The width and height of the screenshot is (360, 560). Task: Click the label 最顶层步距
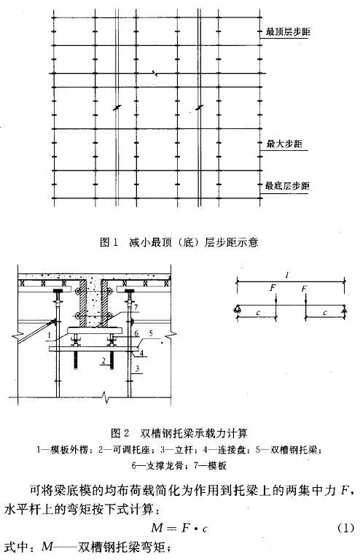pos(288,32)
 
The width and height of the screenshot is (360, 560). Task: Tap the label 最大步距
pos(284,144)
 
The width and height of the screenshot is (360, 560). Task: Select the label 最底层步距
pos(287,186)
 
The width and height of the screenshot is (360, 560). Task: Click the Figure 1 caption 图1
pos(109,243)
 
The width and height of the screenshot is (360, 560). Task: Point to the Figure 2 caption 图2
pos(120,433)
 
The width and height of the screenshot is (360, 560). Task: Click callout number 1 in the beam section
pos(50,335)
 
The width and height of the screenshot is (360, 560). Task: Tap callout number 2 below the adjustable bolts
pos(103,361)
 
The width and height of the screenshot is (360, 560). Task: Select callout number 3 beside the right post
pos(137,368)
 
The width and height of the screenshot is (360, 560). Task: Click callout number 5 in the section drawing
pos(151,333)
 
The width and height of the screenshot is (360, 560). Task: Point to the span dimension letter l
pos(287,275)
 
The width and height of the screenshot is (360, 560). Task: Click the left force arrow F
pos(275,300)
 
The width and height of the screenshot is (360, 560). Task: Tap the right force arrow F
pos(306,300)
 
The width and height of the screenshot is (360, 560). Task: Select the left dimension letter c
pos(258,313)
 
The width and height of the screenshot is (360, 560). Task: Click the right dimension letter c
pos(325,313)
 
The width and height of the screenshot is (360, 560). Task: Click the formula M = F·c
pos(179,527)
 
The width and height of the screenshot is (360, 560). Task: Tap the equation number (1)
pos(345,527)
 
